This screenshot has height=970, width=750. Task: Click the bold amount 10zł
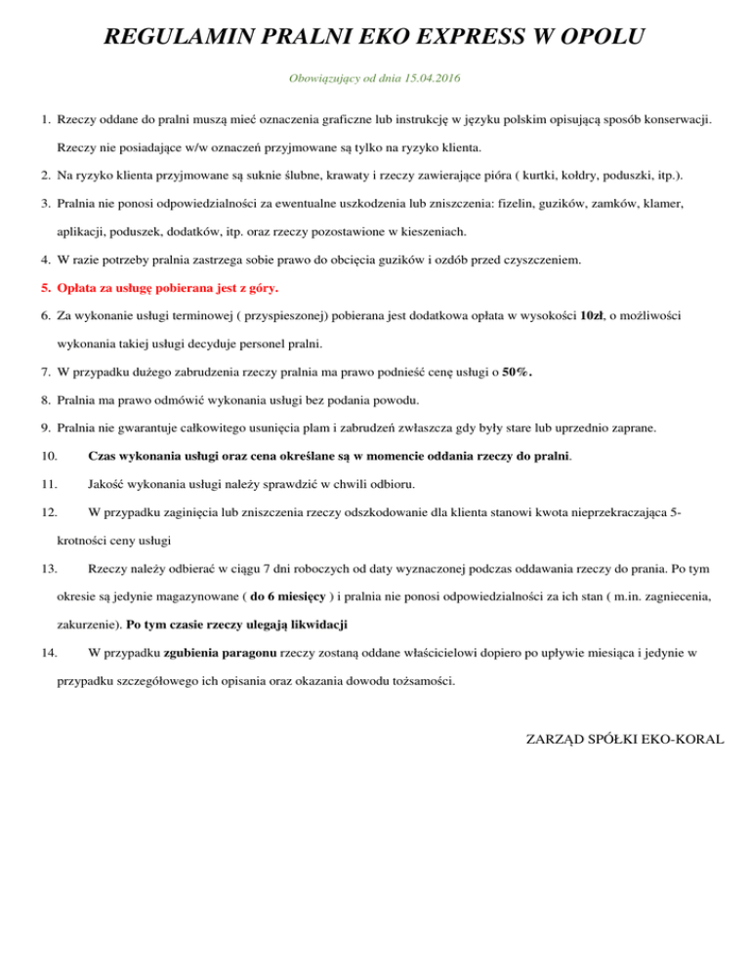(x=592, y=316)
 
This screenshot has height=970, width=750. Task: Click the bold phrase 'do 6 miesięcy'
(x=290, y=596)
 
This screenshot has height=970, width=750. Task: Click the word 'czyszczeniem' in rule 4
(x=548, y=261)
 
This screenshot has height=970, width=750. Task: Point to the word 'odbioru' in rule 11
(x=399, y=482)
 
